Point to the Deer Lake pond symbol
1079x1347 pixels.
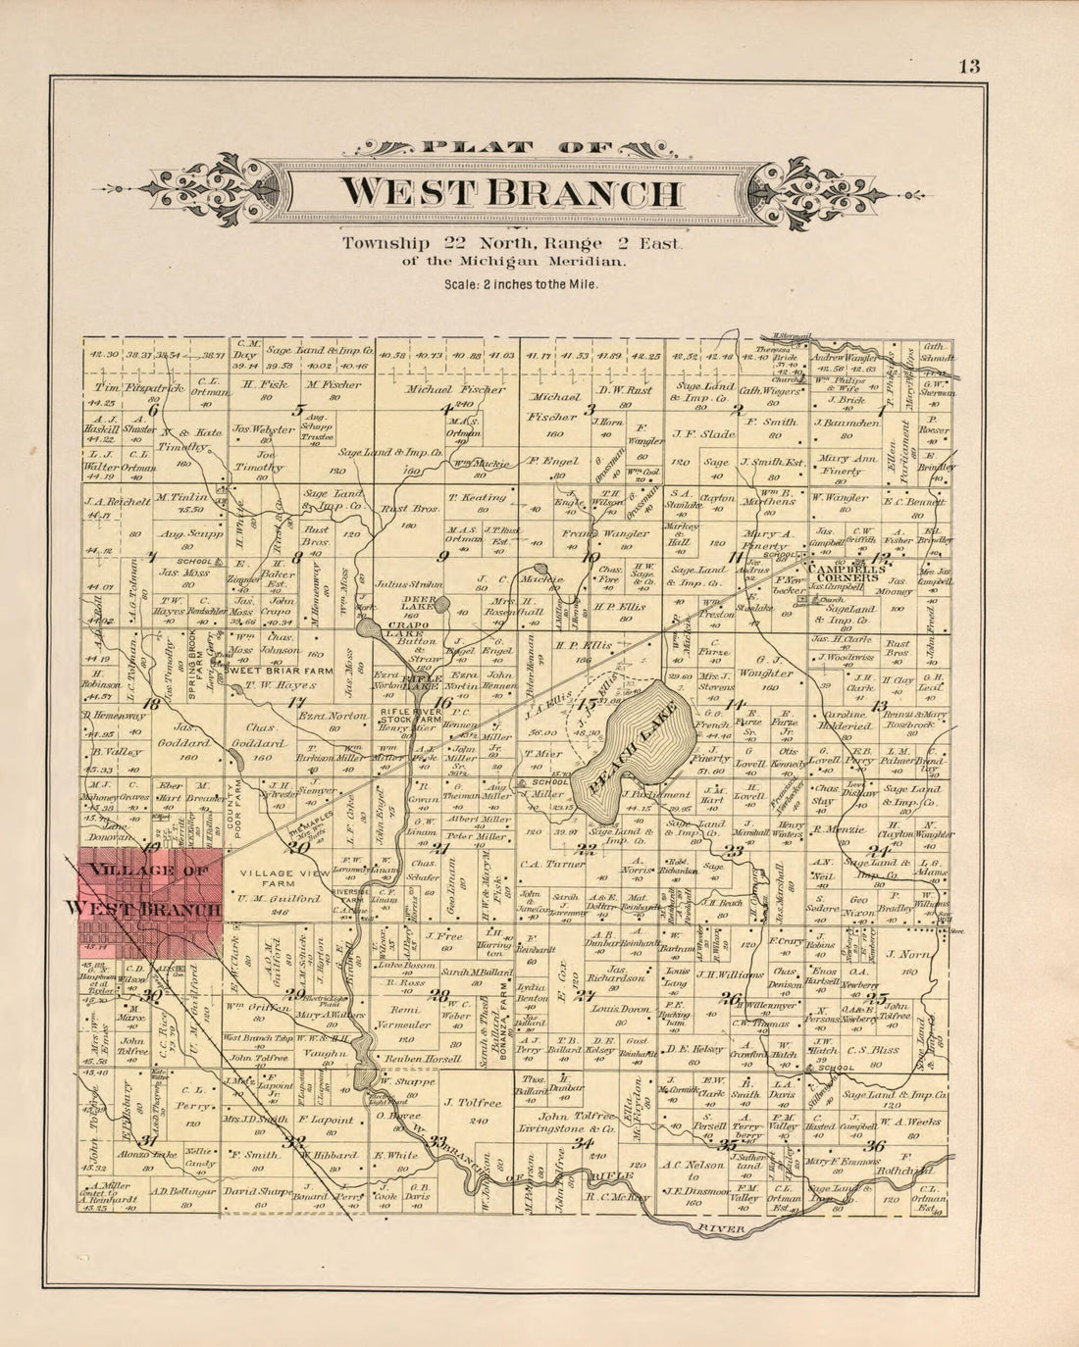tap(441, 605)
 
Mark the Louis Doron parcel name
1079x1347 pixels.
tap(621, 1008)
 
